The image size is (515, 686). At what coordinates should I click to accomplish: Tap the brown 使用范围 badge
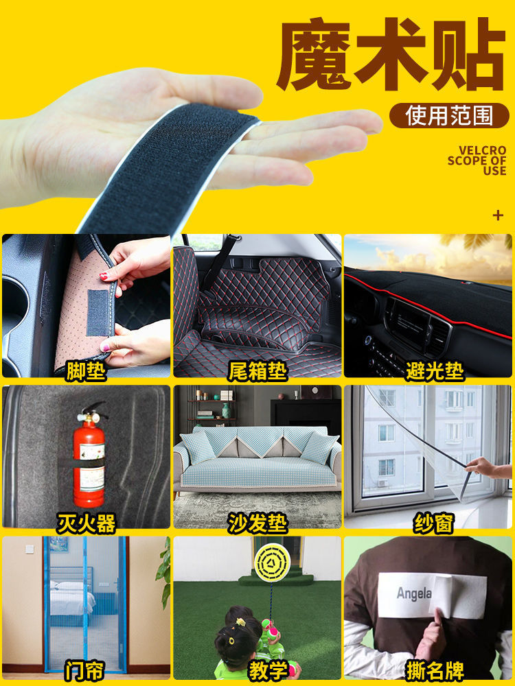click(449, 115)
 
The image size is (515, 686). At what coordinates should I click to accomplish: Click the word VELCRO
click(482, 150)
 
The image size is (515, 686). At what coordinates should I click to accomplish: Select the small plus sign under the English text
click(499, 215)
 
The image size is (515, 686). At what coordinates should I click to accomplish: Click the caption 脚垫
click(85, 371)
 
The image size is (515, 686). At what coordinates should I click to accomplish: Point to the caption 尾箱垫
click(257, 371)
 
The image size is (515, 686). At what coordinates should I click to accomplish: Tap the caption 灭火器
click(85, 523)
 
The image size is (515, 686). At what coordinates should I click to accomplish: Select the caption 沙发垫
click(257, 523)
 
